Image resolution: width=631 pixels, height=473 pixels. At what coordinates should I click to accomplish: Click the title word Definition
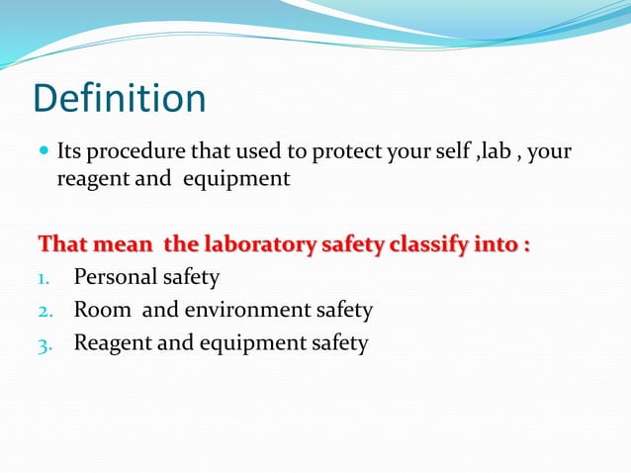point(120,99)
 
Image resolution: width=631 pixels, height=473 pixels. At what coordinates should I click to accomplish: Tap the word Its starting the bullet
point(69,152)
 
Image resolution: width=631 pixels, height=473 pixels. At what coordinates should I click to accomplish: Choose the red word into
point(495,242)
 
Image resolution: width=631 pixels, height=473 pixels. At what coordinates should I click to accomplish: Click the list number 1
point(44,278)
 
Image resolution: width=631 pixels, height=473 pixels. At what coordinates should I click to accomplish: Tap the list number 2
point(44,311)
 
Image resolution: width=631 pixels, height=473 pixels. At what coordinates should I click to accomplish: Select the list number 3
point(44,343)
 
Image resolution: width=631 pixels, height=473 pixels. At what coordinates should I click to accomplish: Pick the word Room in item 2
point(102,310)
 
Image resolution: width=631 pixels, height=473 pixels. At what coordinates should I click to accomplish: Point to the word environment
point(241,310)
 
